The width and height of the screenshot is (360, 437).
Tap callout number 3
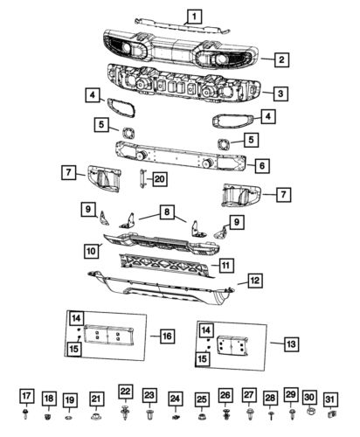[x=279, y=92]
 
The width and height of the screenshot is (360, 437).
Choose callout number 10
[x=91, y=251]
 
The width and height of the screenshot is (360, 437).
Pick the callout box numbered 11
[x=225, y=264]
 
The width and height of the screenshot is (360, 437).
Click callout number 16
[x=166, y=335]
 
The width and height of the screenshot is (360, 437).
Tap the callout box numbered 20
[x=158, y=178]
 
